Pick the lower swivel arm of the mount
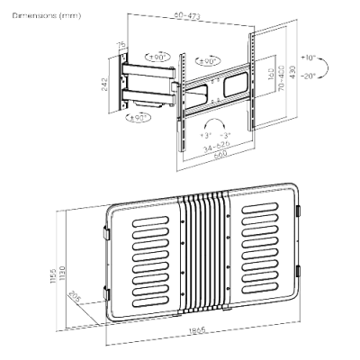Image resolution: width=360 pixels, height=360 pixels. [153, 93]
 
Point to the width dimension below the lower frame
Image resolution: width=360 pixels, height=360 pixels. [194, 334]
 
